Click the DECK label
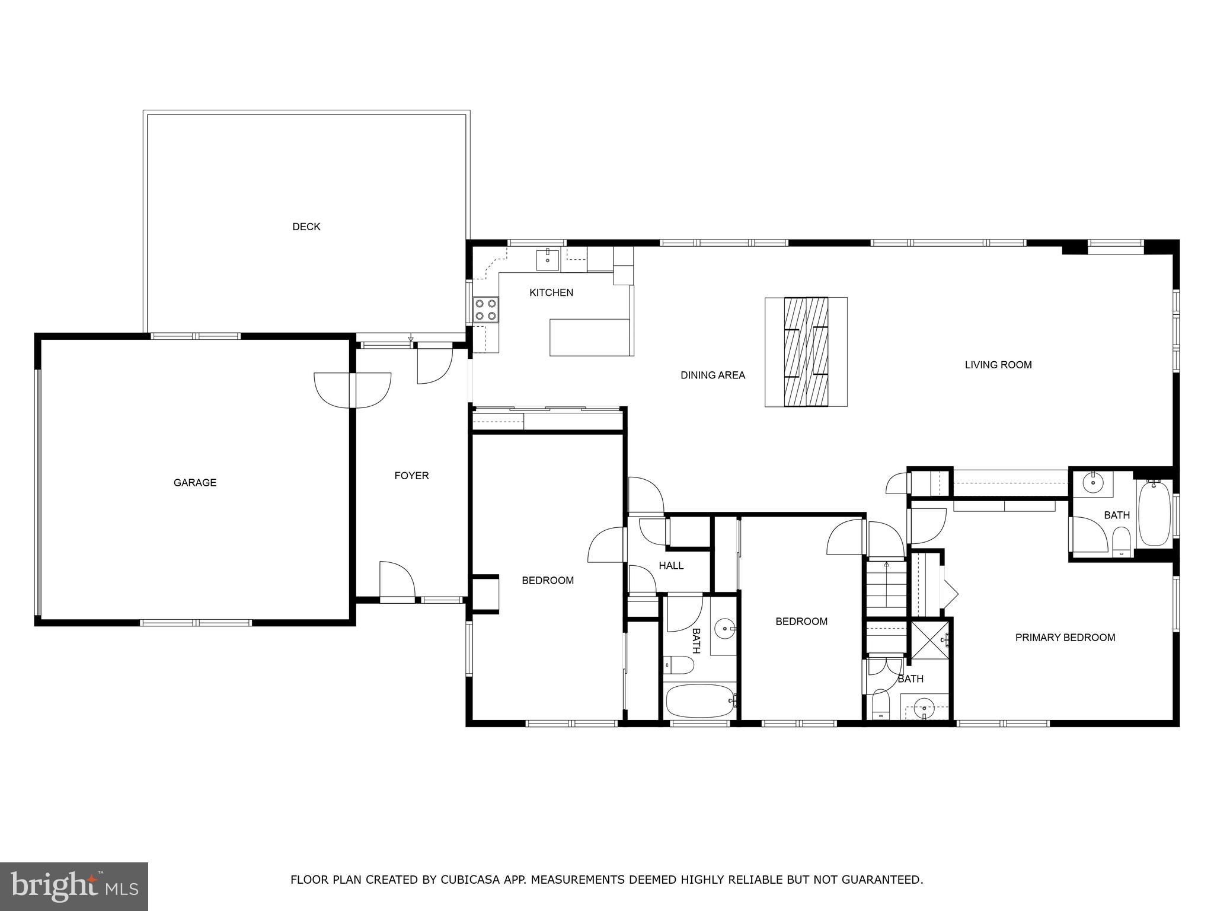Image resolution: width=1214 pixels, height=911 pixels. coord(306,227)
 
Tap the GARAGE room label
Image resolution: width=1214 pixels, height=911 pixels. coord(194,483)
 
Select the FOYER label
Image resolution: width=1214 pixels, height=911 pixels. coord(411,476)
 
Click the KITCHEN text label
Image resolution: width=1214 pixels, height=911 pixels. coord(551,292)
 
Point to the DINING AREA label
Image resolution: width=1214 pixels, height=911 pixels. coord(713,375)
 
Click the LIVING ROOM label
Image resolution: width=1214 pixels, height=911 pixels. coord(998,365)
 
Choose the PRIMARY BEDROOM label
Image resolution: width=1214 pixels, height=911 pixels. coord(1065,638)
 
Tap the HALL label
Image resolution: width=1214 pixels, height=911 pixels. coord(671,566)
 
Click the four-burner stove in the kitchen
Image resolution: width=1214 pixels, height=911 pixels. coord(486,310)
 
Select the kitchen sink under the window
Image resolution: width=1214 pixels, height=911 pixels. coord(548,259)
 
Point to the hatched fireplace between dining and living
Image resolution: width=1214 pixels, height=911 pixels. coord(806,352)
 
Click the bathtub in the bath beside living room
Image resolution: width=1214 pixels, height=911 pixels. coord(1154,514)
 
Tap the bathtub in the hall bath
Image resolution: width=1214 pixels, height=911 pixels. coord(699,700)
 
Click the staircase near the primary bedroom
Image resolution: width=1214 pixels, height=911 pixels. coord(886,588)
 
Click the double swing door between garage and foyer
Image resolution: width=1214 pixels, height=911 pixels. coord(353,390)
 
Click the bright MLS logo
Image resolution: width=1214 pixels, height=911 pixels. coord(74,886)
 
